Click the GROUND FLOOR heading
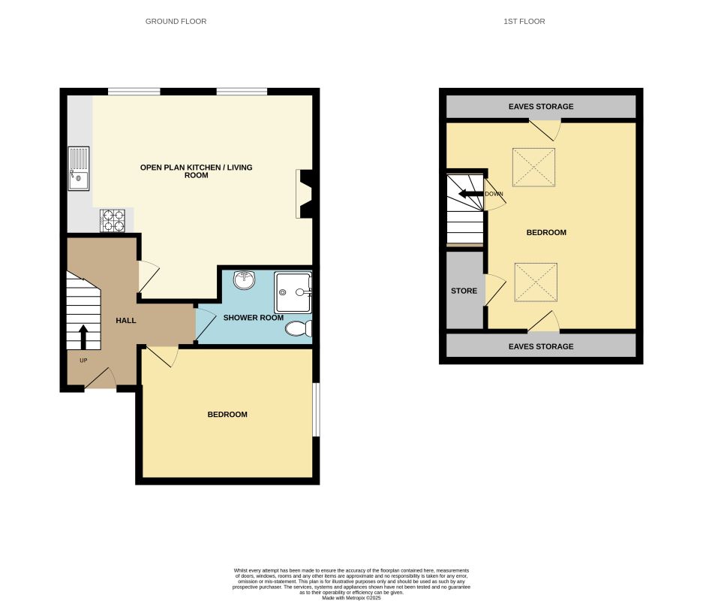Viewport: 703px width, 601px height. pyautogui.click(x=176, y=21)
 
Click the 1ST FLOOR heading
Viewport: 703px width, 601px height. pyautogui.click(x=524, y=21)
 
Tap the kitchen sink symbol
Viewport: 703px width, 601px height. pyautogui.click(x=78, y=169)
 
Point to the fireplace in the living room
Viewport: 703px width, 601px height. pyautogui.click(x=305, y=194)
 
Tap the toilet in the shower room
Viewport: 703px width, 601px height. pyautogui.click(x=300, y=328)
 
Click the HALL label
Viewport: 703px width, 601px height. pyautogui.click(x=126, y=321)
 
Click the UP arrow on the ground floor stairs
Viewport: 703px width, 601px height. pyautogui.click(x=83, y=337)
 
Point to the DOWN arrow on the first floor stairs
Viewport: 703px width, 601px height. pyautogui.click(x=471, y=194)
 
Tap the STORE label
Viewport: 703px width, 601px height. pyautogui.click(x=464, y=291)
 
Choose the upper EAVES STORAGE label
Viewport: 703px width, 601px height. pyautogui.click(x=540, y=107)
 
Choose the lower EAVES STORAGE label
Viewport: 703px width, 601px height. pyautogui.click(x=540, y=346)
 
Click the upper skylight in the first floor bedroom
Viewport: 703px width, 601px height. pyautogui.click(x=534, y=167)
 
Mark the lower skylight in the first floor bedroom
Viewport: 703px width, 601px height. pyautogui.click(x=536, y=282)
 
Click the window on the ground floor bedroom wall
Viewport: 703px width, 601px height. pyautogui.click(x=316, y=410)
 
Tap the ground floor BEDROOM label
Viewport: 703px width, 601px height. pyautogui.click(x=227, y=415)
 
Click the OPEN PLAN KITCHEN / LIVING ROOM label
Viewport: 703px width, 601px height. pyautogui.click(x=196, y=171)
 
